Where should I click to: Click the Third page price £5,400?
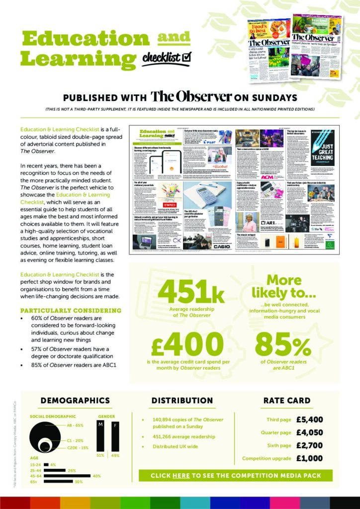pyautogui.click(x=310, y=419)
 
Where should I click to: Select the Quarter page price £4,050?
pyautogui.click(x=310, y=432)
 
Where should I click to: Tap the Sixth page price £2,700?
pyautogui.click(x=310, y=445)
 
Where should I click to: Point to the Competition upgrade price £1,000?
pyautogui.click(x=310, y=458)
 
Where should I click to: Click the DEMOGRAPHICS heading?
pyautogui.click(x=75, y=401)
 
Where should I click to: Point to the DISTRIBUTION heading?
pyautogui.click(x=182, y=401)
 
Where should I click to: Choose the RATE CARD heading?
pyautogui.click(x=287, y=401)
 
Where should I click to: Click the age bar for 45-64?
pyautogui.click(x=67, y=476)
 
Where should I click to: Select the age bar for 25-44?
pyautogui.click(x=54, y=470)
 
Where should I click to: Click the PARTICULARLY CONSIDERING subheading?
pyautogui.click(x=71, y=311)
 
